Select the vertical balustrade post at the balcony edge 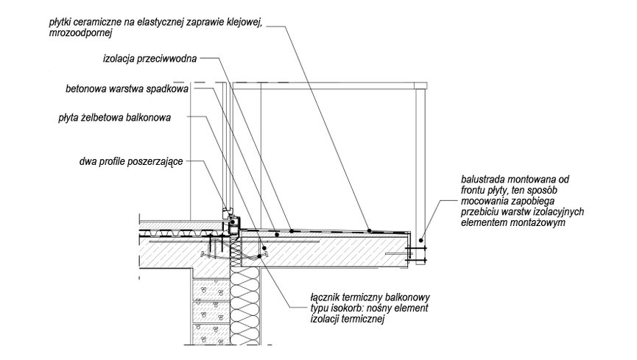420,162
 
